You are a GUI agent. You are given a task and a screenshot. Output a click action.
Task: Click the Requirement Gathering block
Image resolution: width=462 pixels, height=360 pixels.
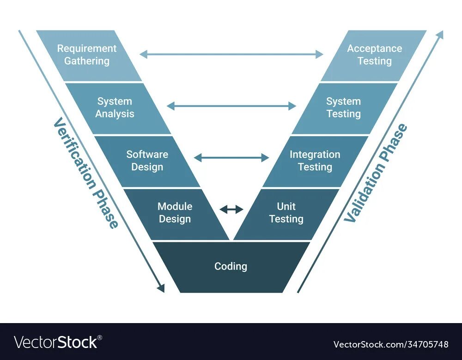point(88,55)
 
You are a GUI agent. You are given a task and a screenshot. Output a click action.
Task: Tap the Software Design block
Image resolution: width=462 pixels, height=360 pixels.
point(147,161)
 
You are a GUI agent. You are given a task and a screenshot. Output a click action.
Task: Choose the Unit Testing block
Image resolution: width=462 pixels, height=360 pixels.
point(286,213)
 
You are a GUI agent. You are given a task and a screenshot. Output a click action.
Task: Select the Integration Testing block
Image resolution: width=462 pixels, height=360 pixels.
point(315,161)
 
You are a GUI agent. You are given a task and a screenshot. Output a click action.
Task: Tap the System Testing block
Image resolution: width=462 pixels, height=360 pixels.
point(344,108)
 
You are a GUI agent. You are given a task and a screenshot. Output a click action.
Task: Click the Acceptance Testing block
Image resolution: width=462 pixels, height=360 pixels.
point(374,55)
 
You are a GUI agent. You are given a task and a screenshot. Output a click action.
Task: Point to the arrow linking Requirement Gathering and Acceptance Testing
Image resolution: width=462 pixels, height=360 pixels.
point(231,54)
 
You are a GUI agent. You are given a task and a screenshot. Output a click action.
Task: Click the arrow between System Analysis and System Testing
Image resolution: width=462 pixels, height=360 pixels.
point(231,106)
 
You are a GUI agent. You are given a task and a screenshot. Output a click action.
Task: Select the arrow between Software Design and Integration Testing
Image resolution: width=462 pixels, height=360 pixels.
point(231,158)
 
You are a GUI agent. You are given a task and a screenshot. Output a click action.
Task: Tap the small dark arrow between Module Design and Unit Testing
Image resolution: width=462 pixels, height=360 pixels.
point(231,210)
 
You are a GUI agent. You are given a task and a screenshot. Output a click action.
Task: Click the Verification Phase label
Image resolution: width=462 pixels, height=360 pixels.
point(86,173)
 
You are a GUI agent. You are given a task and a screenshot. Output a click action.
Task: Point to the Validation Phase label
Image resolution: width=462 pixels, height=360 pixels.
point(377,173)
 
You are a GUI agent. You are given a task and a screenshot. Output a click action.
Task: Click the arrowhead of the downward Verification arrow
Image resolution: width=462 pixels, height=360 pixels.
point(160,288)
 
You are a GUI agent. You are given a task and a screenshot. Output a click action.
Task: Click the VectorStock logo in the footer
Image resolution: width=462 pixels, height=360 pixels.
point(56,342)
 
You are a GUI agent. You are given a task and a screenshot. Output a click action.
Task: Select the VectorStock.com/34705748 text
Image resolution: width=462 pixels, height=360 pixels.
point(390,344)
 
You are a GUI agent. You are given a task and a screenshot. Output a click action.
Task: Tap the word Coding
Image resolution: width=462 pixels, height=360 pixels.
point(231,266)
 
